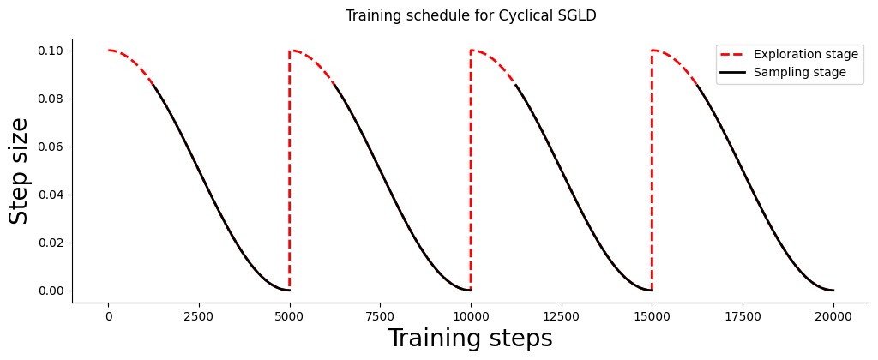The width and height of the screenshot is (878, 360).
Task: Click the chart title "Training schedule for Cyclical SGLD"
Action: click(471, 15)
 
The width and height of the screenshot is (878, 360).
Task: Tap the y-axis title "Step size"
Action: click(19, 171)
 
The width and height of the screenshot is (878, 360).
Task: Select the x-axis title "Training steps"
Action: click(470, 339)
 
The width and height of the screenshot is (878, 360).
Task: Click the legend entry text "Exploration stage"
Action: click(805, 54)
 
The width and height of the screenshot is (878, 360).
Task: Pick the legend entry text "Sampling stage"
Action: click(799, 73)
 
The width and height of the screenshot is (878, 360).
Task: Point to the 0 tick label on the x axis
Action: click(108, 316)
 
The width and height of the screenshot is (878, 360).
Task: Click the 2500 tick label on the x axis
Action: click(199, 316)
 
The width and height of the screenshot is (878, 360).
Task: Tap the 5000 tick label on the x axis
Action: click(290, 316)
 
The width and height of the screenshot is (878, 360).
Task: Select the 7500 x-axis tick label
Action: click(380, 316)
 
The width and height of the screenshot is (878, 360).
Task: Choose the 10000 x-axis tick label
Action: click(471, 316)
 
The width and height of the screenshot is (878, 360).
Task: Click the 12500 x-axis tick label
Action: click(562, 316)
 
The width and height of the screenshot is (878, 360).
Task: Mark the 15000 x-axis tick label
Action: click(652, 316)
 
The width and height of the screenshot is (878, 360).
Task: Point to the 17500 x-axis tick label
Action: click(743, 316)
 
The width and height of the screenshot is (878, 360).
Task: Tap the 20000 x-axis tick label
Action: click(833, 316)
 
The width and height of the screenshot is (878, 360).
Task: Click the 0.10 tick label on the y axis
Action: click(51, 51)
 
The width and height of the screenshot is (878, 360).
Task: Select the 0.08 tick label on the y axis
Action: click(51, 99)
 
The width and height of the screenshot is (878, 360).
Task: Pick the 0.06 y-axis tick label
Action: click(51, 147)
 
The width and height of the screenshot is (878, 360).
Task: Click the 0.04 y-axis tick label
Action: click(51, 195)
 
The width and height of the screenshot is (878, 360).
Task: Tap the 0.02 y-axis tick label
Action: click(51, 243)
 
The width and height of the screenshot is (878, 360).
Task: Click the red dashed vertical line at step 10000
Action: click(471, 171)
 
